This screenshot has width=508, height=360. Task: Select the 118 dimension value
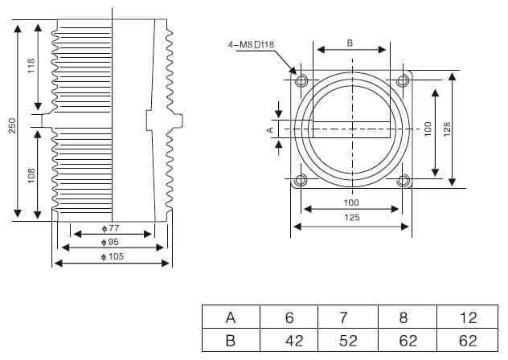click(x=32, y=67)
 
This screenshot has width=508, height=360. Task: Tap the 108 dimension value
click(x=32, y=174)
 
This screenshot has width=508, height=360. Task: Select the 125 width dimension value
click(x=351, y=217)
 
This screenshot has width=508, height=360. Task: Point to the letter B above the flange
click(x=350, y=42)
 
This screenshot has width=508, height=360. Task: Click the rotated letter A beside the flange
click(x=271, y=128)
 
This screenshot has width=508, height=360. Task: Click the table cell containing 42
click(x=294, y=340)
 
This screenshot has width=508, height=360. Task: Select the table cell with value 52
click(x=348, y=340)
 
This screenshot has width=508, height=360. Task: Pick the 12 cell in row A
click(x=468, y=317)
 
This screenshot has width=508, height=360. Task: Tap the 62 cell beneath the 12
click(x=468, y=340)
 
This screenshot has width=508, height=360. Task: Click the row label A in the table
click(x=231, y=317)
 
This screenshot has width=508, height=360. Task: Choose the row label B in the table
click(x=231, y=340)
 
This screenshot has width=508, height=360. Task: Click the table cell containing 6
click(x=289, y=317)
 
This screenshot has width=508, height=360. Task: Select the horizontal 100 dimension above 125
click(x=351, y=202)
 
